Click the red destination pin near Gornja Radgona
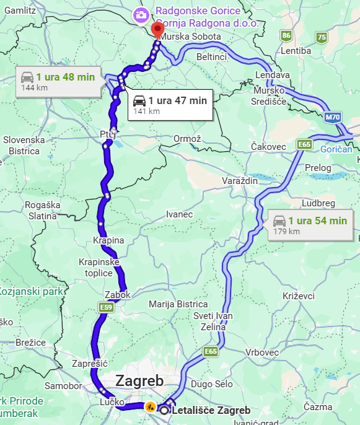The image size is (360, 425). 159,28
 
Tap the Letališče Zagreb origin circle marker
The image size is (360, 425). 165,410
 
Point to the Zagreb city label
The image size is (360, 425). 139,380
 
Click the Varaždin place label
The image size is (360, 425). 239,180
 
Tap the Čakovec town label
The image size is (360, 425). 268,146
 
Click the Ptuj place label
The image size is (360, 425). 107,134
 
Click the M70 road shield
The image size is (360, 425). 332,116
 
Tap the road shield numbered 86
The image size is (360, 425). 286,35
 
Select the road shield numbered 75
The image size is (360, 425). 321,37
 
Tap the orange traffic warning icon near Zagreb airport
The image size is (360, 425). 150,407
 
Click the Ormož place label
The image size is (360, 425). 187,138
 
